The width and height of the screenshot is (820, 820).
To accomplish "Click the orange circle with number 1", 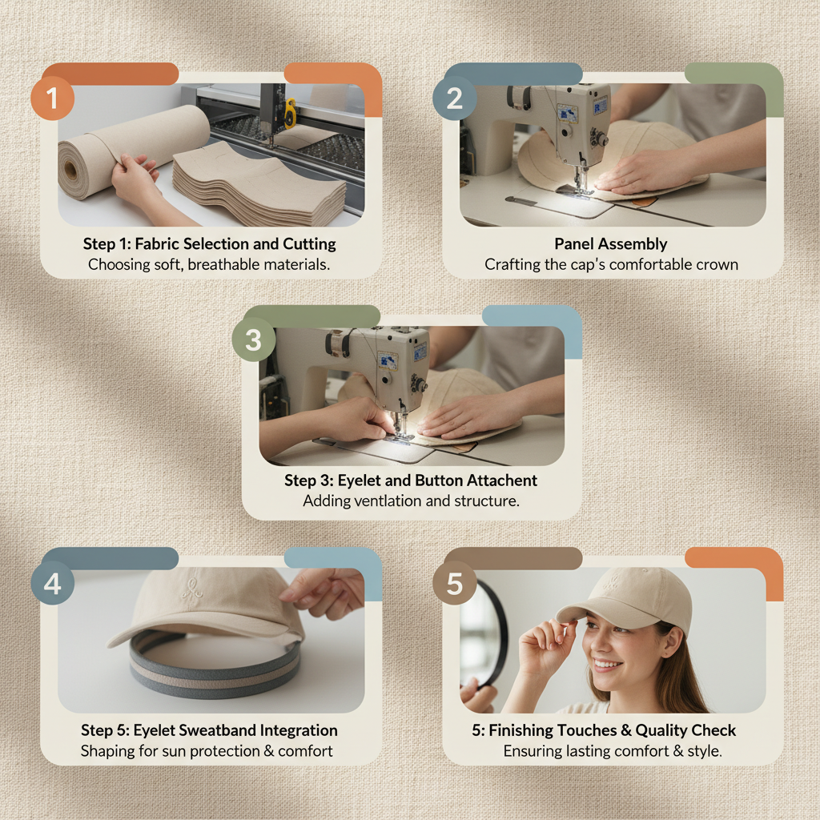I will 53,99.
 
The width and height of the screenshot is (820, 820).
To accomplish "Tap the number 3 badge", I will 253,340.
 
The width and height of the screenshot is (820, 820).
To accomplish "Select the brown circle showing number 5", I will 454,584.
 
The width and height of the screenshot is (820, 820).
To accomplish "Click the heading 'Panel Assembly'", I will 611,243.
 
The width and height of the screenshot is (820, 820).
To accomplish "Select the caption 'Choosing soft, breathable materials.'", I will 209,263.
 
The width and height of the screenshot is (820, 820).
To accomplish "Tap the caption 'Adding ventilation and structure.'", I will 411,501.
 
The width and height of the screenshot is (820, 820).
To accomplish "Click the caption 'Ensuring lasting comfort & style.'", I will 613,751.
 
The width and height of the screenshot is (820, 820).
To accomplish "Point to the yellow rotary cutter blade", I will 289,112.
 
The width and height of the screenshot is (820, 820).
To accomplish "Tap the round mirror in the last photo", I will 484,633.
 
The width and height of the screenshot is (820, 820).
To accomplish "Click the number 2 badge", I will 454,99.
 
